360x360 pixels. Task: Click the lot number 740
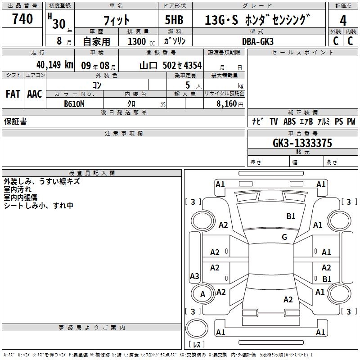tap(22, 18)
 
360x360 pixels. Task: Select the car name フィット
tap(116, 20)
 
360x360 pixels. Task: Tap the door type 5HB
tap(174, 20)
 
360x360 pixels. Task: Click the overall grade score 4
tap(343, 20)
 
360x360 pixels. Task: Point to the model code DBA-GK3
tap(258, 41)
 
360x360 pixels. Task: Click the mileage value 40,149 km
tap(55, 65)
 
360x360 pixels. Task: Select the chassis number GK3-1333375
tap(302, 143)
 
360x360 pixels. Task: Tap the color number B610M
tap(74, 104)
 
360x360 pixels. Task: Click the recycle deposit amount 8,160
tap(226, 104)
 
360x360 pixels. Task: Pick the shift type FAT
tap(13, 94)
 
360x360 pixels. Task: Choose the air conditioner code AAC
tap(35, 94)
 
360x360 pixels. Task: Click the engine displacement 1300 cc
tap(141, 41)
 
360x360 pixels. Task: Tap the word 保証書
tap(15, 121)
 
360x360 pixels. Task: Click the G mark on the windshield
tap(284, 237)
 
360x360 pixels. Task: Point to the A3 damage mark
tap(194, 276)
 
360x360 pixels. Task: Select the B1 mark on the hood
tap(291, 216)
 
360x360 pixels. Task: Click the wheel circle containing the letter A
tap(202, 294)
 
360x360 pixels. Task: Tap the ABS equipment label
tap(289, 121)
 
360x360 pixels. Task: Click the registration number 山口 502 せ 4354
tap(171, 66)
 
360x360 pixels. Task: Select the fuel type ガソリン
tap(175, 41)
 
